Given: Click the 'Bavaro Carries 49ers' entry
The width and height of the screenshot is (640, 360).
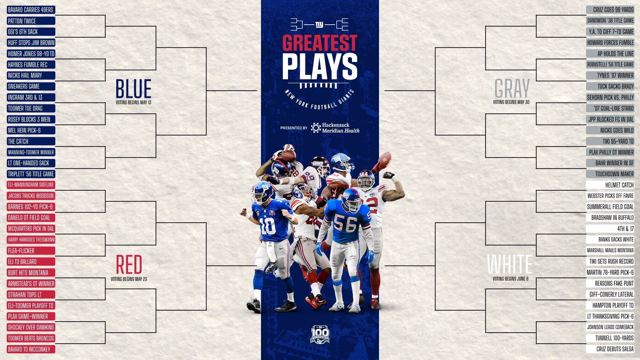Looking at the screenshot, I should click(x=31, y=10).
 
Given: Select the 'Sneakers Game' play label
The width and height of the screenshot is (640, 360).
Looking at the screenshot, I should click(x=31, y=87).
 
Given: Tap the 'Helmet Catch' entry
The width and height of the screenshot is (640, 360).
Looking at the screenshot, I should click(x=610, y=185).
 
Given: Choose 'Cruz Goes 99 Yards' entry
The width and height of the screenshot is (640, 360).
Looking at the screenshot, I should click(x=610, y=10).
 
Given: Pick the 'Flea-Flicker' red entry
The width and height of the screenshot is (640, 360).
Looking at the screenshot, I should click(x=31, y=251).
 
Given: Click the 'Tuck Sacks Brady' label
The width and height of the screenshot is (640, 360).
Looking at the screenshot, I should click(x=610, y=87).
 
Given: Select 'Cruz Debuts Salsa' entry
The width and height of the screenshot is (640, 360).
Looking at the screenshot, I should click(x=610, y=349).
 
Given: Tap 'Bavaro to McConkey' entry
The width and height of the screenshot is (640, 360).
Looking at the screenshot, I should click(x=31, y=349).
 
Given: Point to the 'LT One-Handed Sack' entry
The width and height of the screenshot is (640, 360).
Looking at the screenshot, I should click(x=31, y=163).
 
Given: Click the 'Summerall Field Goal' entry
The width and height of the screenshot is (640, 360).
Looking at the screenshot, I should click(x=610, y=207).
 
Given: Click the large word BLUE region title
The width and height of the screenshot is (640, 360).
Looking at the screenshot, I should click(x=133, y=89).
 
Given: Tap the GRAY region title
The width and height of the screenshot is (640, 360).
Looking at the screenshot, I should click(x=512, y=89).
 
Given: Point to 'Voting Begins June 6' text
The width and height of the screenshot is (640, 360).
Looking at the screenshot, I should click(x=510, y=279).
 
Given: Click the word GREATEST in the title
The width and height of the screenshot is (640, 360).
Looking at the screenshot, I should click(x=320, y=43).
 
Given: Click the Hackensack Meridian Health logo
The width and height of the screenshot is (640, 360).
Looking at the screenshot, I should click(x=335, y=128).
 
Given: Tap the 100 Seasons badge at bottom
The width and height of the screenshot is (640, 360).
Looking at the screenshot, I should click(x=320, y=334).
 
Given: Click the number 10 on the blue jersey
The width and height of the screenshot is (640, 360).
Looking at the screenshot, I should click(x=268, y=226).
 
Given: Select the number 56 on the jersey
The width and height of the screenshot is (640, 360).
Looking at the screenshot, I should click(x=345, y=223).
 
